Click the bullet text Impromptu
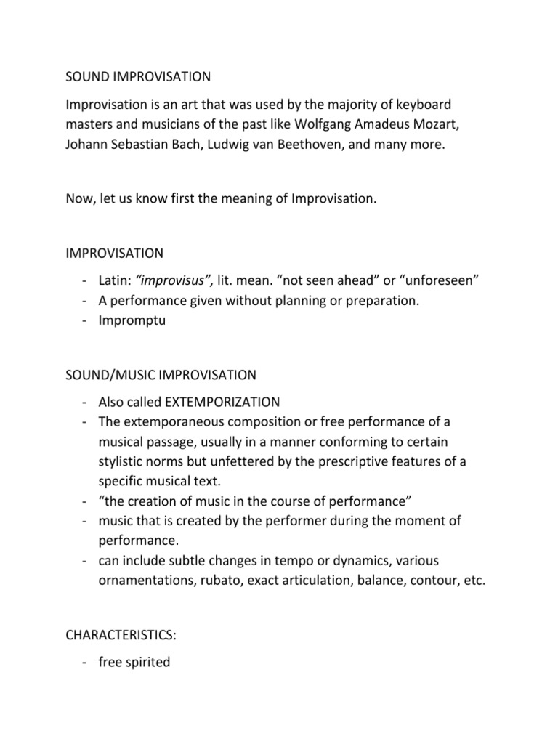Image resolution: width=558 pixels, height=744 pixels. click(132, 320)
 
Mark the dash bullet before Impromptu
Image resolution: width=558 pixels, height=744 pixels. click(85, 320)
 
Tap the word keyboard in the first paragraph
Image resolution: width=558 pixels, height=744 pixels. click(432, 106)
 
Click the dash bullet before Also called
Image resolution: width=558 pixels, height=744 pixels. click(85, 403)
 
